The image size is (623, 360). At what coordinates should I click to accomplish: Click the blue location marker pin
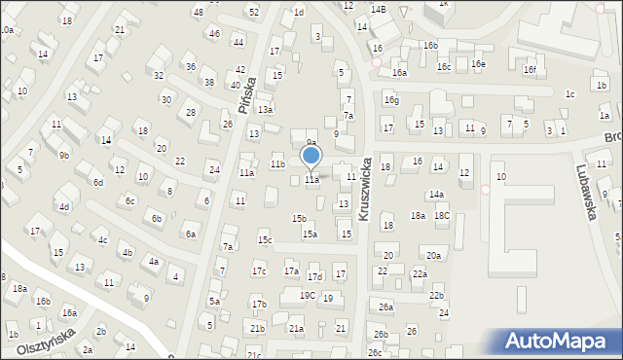tap(311, 157)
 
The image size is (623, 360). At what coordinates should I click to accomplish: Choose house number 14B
tap(378, 9)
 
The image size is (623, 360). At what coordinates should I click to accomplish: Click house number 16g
tap(390, 99)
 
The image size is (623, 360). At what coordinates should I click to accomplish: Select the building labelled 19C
tap(307, 295)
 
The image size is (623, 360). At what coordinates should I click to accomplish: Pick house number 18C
tap(441, 215)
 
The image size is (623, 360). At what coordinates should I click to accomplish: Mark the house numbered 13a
tap(265, 110)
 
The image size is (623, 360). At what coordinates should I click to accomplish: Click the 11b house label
tap(277, 164)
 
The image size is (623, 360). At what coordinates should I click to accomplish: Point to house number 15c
tap(264, 239)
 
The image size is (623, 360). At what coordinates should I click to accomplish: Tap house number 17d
tap(315, 277)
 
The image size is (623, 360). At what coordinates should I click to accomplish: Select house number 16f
tap(529, 69)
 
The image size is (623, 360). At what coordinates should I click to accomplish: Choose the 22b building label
tap(436, 295)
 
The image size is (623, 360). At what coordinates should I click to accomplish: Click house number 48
tap(199, 12)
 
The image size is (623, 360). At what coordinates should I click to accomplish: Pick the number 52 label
tap(253, 12)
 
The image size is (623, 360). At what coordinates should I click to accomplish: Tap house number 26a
tap(385, 307)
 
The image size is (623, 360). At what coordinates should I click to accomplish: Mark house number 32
tap(158, 75)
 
